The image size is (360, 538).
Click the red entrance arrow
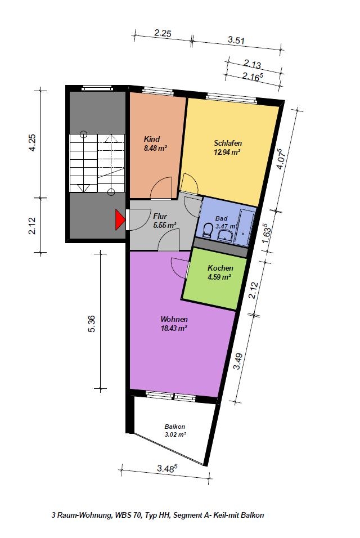pos(119,219)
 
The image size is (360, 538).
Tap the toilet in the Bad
pos(207,230)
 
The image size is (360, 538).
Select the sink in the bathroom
pos(225,235)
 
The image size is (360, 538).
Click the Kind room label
pos(151,139)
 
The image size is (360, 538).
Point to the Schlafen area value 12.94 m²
pos(227,152)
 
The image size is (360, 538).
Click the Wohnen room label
pos(174,320)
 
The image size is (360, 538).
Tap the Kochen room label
pos(220,268)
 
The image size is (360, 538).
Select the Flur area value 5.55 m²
pos(164,226)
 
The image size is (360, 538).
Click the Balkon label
pos(175,427)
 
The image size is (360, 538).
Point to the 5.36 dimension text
pos(92,324)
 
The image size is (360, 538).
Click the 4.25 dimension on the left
pos(32,142)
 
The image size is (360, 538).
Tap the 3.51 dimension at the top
pos(236,40)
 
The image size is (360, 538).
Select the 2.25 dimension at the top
pos(163,33)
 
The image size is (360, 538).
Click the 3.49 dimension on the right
pos(237,361)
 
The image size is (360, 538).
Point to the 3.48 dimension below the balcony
pos(167,468)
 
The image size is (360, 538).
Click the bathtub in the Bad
pos(245,227)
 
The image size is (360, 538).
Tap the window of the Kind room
pos(157,91)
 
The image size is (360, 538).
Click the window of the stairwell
pos(97,88)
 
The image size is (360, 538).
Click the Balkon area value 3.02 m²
pos(175,434)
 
